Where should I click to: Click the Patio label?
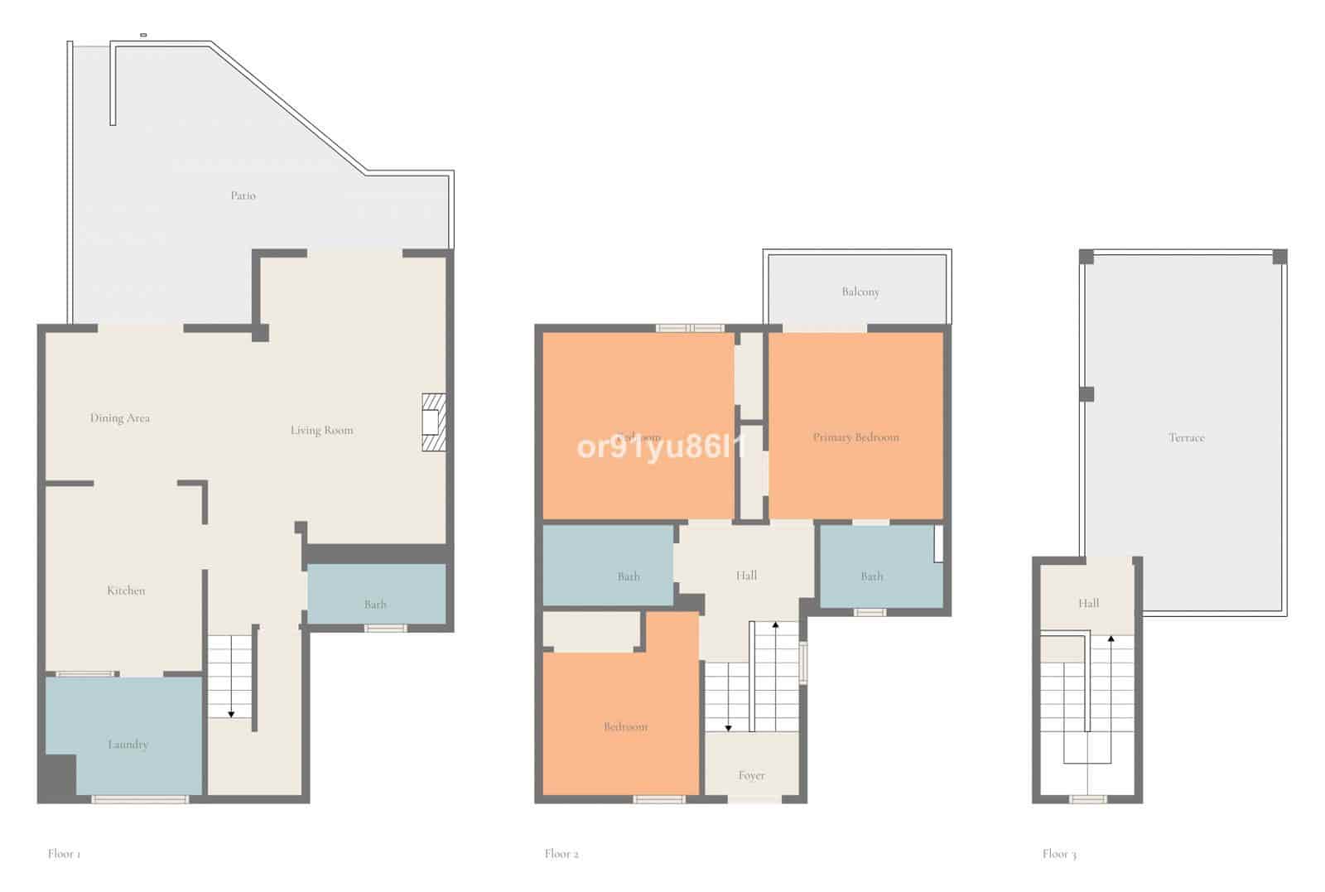pyautogui.click(x=243, y=196)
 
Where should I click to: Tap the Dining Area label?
pyautogui.click(x=120, y=418)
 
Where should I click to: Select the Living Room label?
pyautogui.click(x=321, y=431)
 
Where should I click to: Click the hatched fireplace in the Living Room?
pyautogui.click(x=433, y=422)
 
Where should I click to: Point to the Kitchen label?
pyautogui.click(x=126, y=591)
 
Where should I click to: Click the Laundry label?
pyautogui.click(x=128, y=745)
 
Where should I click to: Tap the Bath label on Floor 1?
pyautogui.click(x=375, y=605)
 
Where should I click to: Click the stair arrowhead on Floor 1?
pyautogui.click(x=231, y=714)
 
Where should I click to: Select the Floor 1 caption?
pyautogui.click(x=64, y=854)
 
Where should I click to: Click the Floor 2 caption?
pyautogui.click(x=561, y=854)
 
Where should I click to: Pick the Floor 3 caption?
pyautogui.click(x=1059, y=854)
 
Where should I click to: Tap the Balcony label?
pyautogui.click(x=860, y=292)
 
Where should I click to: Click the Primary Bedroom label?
pyautogui.click(x=855, y=437)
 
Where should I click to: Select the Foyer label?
pyautogui.click(x=751, y=776)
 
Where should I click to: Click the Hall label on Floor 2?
pyautogui.click(x=746, y=576)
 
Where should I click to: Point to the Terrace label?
pyautogui.click(x=1186, y=438)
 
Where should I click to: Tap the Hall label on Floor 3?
pyautogui.click(x=1088, y=604)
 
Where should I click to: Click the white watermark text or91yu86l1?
pyautogui.click(x=661, y=448)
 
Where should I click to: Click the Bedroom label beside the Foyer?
pyautogui.click(x=625, y=727)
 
